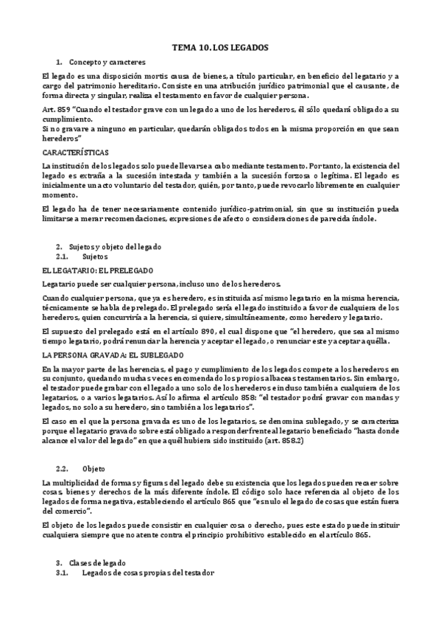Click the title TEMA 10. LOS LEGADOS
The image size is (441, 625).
point(221,46)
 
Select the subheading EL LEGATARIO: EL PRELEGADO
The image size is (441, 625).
point(97,270)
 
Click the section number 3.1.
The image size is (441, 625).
point(63,573)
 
